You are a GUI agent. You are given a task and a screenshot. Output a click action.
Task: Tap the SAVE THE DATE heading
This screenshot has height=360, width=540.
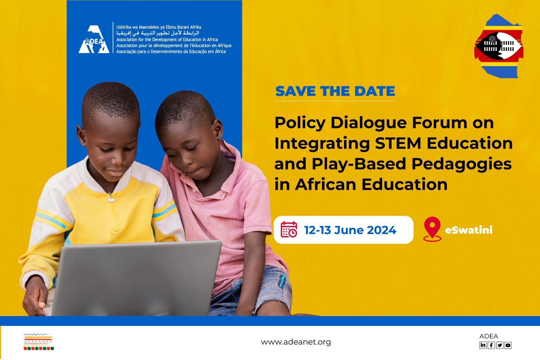click(335, 91)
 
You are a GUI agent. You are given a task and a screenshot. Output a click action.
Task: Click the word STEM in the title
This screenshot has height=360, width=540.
click(398, 143)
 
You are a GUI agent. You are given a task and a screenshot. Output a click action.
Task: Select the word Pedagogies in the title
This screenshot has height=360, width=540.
click(461, 164)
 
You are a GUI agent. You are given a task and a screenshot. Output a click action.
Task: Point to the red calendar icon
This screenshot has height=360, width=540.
click(289, 229)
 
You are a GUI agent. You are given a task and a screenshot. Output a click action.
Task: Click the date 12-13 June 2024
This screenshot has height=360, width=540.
click(350, 230)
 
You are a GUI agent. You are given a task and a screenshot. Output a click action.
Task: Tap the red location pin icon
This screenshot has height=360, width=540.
click(432, 229)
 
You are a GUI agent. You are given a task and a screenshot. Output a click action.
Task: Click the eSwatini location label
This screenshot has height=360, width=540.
click(469, 230)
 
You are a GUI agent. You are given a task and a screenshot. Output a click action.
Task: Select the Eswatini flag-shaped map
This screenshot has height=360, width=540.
click(498, 46)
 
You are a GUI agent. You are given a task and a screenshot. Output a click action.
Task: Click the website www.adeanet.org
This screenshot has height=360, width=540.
click(296, 342)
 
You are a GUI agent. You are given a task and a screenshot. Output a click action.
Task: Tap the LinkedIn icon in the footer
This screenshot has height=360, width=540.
click(483, 345)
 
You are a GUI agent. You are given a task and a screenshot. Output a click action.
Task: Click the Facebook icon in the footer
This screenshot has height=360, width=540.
click(491, 345)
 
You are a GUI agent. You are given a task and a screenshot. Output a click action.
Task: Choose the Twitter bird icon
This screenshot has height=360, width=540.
click(500, 345)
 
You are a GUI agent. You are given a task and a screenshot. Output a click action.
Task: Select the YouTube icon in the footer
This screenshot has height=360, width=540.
click(508, 345)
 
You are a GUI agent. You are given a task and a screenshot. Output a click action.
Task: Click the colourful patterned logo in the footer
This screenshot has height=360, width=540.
click(38, 342)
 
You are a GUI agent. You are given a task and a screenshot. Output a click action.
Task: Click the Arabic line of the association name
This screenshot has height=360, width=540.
click(158, 33)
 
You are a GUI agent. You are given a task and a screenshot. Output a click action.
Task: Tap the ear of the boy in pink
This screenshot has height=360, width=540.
click(218, 128)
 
